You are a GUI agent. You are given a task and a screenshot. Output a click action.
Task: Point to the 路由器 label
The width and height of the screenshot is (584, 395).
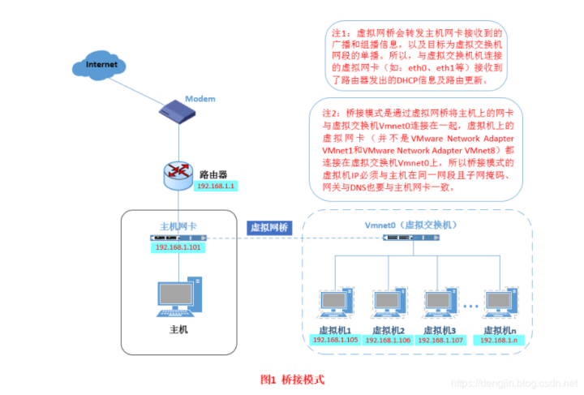(x=213, y=174)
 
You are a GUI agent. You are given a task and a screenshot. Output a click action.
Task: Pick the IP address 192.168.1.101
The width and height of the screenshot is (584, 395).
(x=179, y=247)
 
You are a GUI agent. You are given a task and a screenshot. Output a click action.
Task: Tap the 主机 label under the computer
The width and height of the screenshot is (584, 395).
(x=178, y=329)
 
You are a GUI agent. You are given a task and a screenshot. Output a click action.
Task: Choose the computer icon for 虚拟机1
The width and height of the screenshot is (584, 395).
(x=335, y=304)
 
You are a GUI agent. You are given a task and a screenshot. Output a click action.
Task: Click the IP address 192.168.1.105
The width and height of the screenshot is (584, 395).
(x=336, y=340)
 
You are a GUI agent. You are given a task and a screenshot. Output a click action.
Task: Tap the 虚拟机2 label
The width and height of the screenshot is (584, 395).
(x=388, y=330)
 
